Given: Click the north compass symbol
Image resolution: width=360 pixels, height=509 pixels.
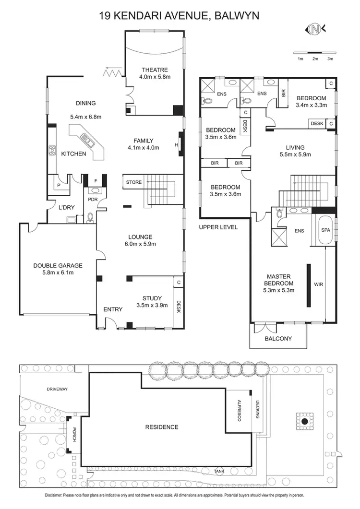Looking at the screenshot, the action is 314,30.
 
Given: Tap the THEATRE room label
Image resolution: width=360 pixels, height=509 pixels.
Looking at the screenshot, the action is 155,70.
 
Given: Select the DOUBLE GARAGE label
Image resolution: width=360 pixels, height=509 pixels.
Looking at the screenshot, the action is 58,265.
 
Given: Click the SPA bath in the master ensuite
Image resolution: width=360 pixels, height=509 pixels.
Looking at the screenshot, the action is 325,230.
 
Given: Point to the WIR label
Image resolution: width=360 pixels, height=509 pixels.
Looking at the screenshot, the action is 318,284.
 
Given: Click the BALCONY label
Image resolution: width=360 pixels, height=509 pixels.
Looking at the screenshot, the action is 278,339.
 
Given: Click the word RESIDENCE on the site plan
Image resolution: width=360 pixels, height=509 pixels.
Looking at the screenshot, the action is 162,427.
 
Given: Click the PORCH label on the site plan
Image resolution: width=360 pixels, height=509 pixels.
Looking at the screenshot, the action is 74,435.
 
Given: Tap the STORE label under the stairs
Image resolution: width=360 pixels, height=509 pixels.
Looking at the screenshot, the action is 134,182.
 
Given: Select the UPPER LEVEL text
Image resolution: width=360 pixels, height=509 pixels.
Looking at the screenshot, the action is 218,227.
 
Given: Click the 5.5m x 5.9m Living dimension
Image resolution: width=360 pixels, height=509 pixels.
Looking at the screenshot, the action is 295,154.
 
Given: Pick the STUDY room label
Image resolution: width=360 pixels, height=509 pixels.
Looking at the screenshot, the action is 152,298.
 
